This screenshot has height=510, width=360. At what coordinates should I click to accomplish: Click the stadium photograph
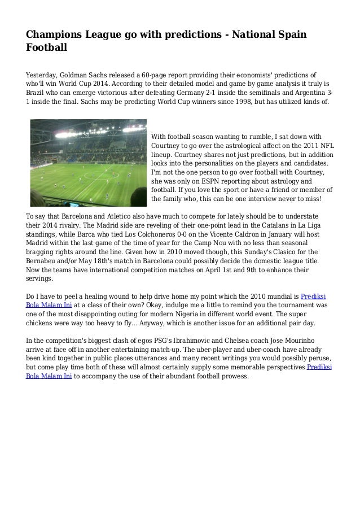coord(87,162)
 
